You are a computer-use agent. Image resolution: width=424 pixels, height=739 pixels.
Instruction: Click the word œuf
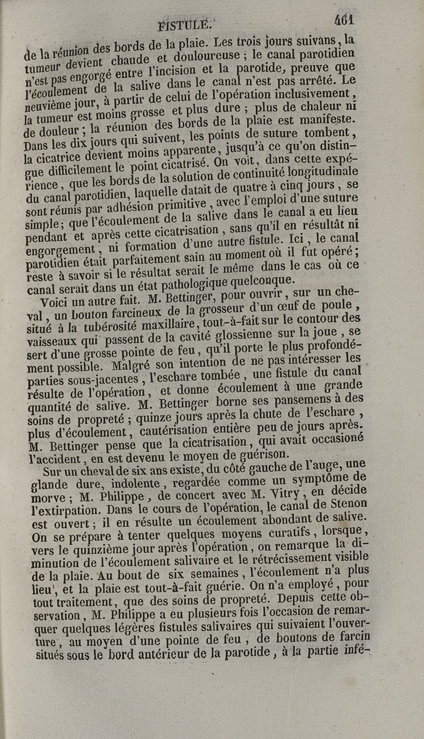299,306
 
